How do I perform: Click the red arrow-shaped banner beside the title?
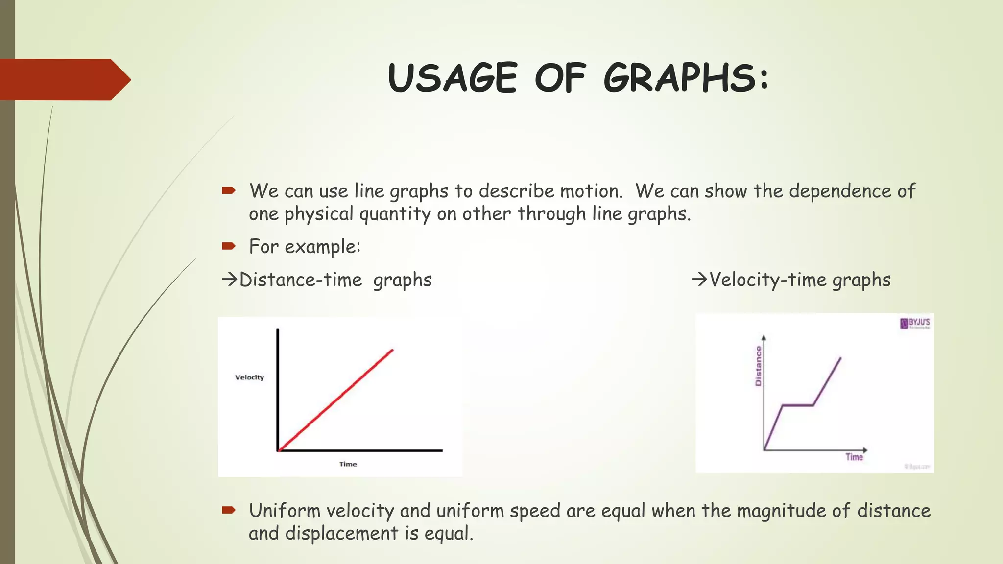click(x=64, y=79)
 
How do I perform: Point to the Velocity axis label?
click(x=249, y=377)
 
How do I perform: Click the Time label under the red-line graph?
click(x=348, y=464)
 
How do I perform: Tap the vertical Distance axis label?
click(x=759, y=366)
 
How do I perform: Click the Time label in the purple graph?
click(x=854, y=457)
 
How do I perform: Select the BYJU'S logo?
click(x=915, y=323)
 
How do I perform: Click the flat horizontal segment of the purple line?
click(x=798, y=405)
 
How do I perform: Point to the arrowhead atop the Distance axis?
click(x=764, y=338)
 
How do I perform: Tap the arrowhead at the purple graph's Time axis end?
click(x=865, y=450)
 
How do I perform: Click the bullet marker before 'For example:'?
click(x=228, y=246)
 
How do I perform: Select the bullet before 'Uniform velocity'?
click(x=228, y=511)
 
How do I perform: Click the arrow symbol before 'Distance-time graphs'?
click(x=229, y=280)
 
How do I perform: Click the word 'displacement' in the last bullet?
click(x=342, y=533)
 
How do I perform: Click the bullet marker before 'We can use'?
click(x=228, y=190)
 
